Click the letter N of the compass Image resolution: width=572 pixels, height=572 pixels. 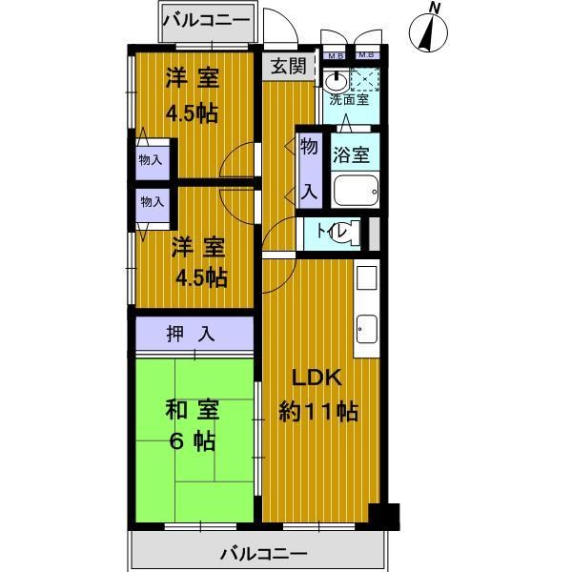click(x=435, y=9)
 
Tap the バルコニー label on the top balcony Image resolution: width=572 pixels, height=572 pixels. click(x=206, y=18)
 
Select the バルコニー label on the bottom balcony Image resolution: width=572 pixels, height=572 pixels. click(x=263, y=553)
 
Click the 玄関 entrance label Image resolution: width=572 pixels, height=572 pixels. click(x=287, y=67)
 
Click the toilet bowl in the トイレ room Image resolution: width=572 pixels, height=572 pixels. click(x=349, y=232)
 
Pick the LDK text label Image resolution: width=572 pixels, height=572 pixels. click(x=310, y=378)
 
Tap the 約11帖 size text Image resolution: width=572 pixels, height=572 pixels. click(x=318, y=413)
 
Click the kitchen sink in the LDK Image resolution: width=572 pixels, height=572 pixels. click(x=367, y=330)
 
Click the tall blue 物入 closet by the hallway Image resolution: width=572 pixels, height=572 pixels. click(x=309, y=167)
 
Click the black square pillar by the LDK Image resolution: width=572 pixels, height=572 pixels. click(x=385, y=515)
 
